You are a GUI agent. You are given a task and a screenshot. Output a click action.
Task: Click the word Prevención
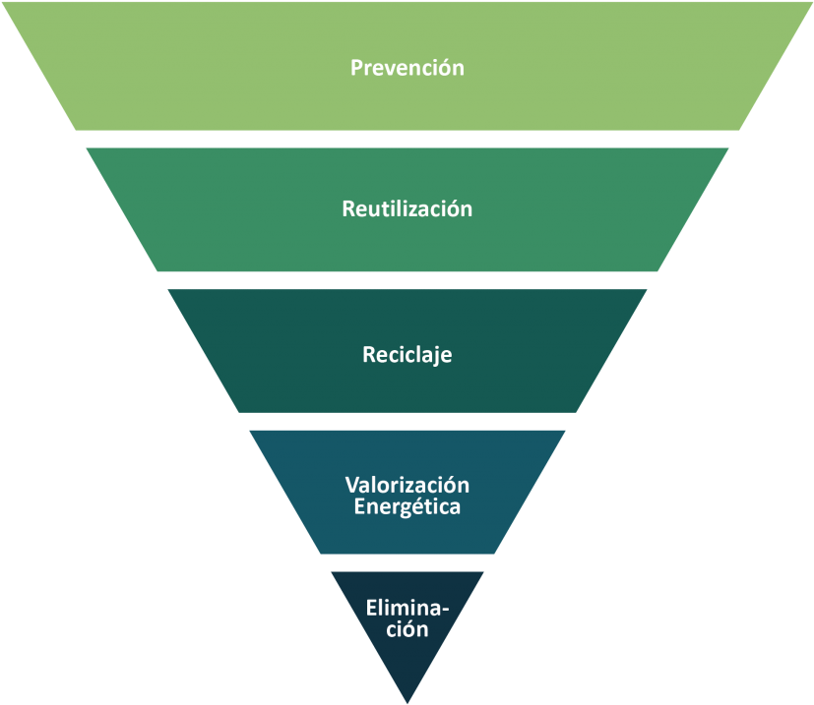click(407, 69)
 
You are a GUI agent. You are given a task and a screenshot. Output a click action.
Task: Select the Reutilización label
click(407, 209)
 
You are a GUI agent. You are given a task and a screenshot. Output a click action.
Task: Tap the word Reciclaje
click(407, 355)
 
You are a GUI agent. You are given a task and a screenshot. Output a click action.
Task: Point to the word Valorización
click(407, 486)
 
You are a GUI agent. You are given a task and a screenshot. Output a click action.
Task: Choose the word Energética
click(407, 507)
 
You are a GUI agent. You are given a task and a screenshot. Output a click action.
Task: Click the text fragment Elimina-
click(407, 608)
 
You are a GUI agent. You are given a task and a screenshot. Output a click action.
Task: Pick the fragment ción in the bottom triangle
click(407, 629)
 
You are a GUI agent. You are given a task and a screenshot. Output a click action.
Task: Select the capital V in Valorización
click(351, 486)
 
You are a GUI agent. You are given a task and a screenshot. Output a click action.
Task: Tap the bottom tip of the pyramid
click(407, 699)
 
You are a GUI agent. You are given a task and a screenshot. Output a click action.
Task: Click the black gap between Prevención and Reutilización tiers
click(407, 139)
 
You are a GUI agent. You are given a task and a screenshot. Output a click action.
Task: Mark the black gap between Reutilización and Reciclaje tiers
click(407, 280)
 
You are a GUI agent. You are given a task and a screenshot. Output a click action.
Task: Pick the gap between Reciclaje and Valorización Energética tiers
click(407, 421)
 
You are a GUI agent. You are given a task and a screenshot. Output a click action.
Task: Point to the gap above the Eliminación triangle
click(407, 562)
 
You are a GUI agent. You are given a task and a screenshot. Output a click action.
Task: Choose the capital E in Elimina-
click(371, 608)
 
